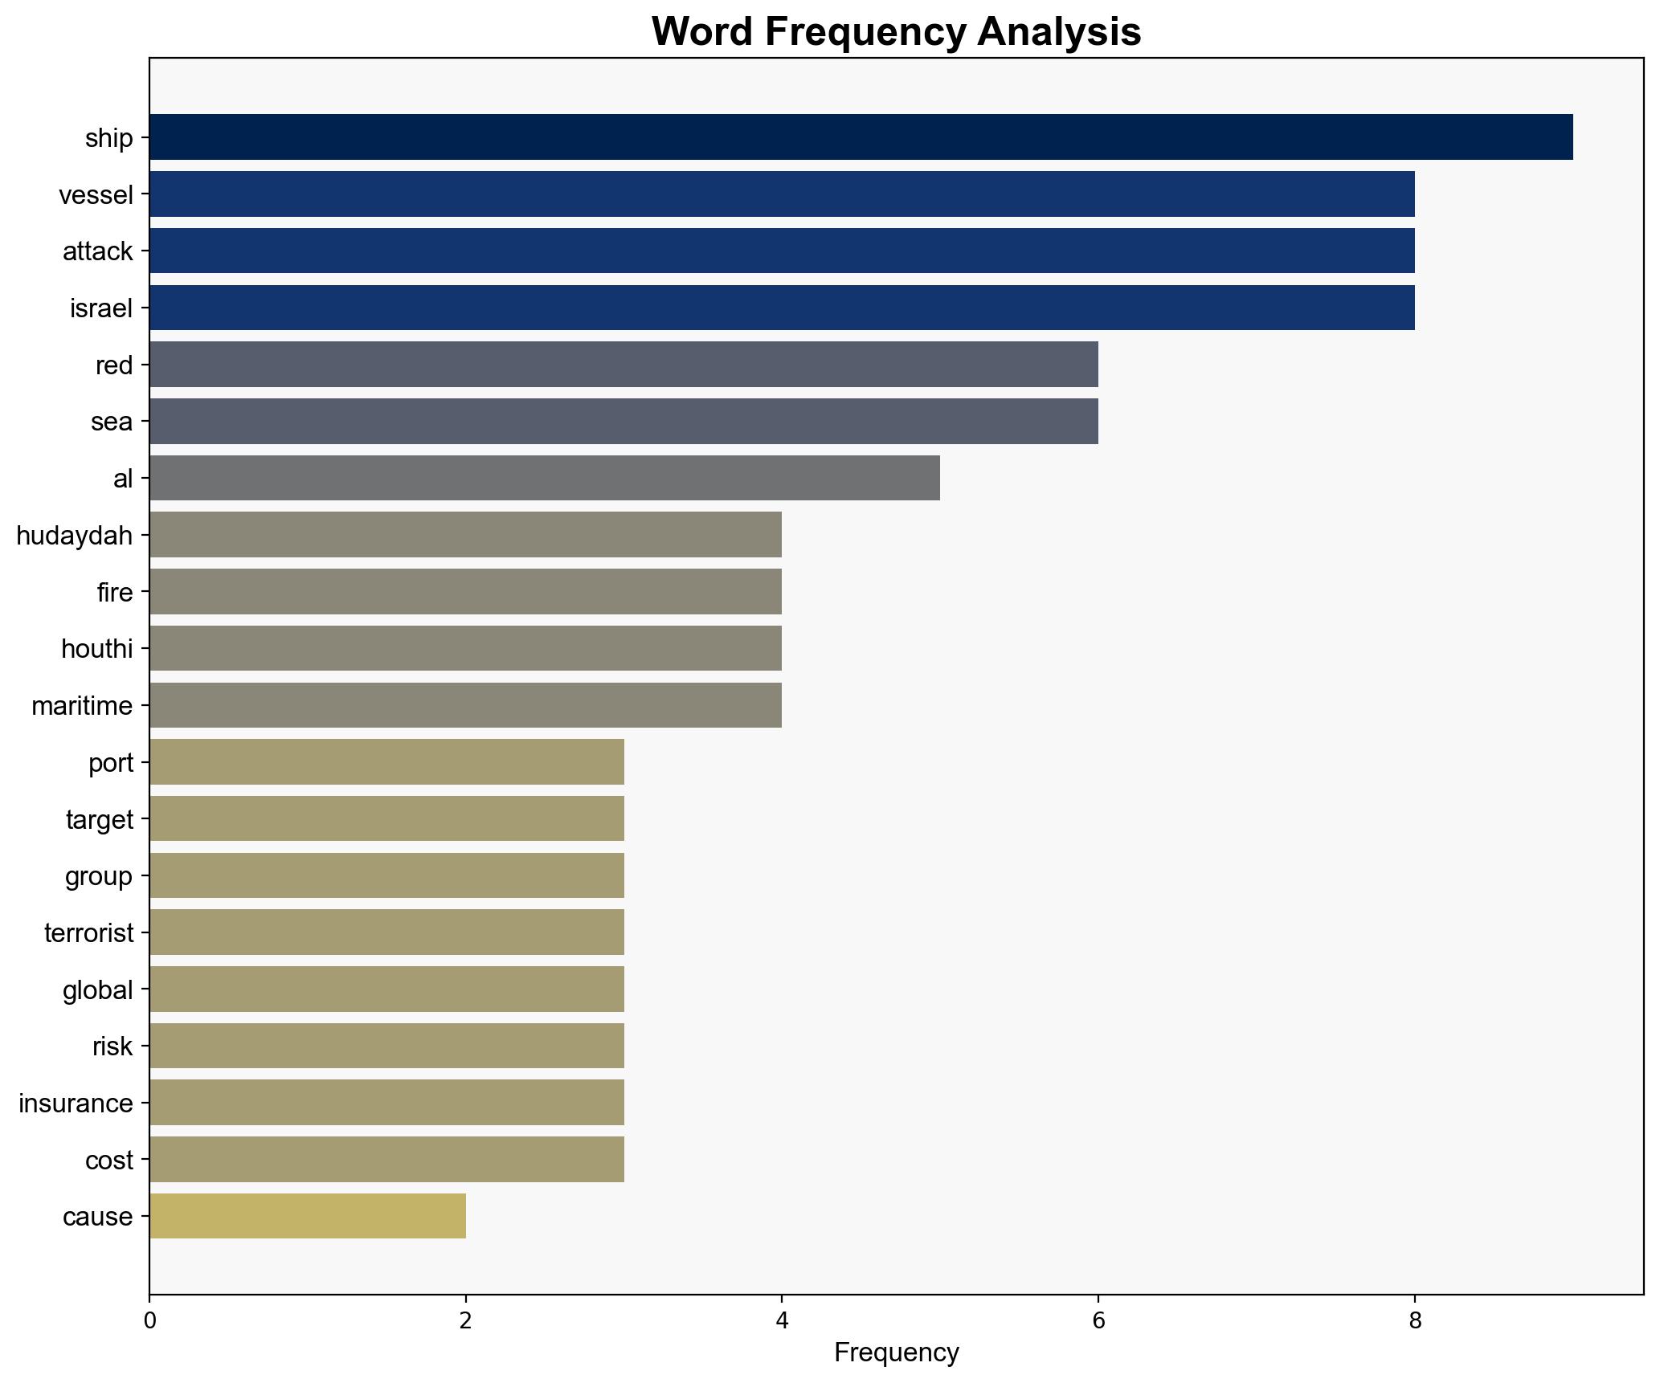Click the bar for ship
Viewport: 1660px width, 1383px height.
pyautogui.click(x=861, y=137)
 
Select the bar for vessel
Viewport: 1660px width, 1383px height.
pyautogui.click(x=782, y=194)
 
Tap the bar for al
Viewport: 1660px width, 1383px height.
pyautogui.click(x=544, y=478)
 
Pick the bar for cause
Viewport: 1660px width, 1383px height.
pyautogui.click(x=307, y=1216)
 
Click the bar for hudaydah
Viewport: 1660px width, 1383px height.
pyautogui.click(x=465, y=535)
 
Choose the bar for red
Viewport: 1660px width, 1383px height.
pyautogui.click(x=624, y=365)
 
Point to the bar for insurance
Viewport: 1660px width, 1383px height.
pyautogui.click(x=386, y=1103)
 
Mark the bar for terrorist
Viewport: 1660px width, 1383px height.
pyautogui.click(x=386, y=932)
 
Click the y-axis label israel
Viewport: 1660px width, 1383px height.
pyautogui.click(x=101, y=308)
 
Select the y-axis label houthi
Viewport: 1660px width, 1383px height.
pyautogui.click(x=96, y=649)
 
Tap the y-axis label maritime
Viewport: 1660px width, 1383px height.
pyautogui.click(x=82, y=706)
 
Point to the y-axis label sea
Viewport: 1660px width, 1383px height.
pyautogui.click(x=112, y=422)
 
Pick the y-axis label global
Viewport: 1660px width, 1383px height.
pyautogui.click(x=98, y=989)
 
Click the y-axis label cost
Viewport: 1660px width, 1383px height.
pyautogui.click(x=109, y=1160)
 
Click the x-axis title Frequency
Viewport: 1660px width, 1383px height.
pyautogui.click(x=896, y=1353)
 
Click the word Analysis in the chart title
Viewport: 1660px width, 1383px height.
pyautogui.click(x=1058, y=32)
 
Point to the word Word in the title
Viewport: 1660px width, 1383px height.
pyautogui.click(x=701, y=32)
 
